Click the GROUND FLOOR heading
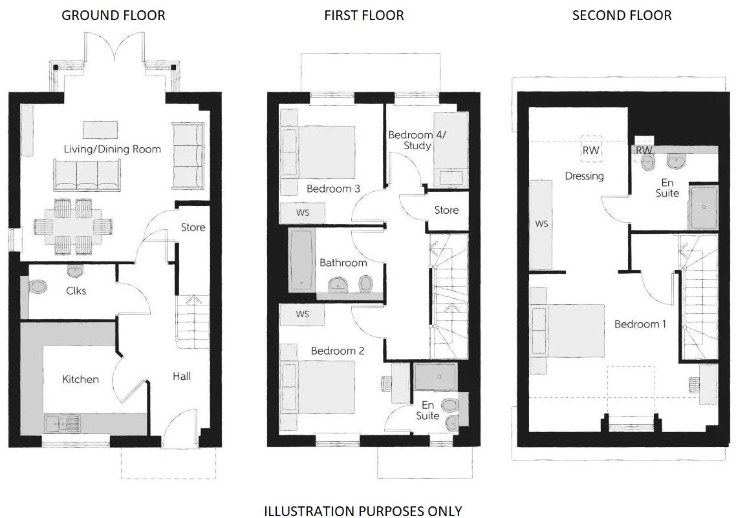[x=113, y=15]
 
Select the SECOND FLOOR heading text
[x=622, y=15]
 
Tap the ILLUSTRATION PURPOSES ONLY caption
[x=363, y=511]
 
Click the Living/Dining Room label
[x=112, y=149]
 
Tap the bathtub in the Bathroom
[x=301, y=258]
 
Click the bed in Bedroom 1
[x=568, y=331]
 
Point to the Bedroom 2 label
[x=338, y=351]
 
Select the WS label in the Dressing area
[x=542, y=223]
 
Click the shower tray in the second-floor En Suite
[x=703, y=207]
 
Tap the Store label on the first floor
[x=446, y=210]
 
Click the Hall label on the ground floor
[x=182, y=376]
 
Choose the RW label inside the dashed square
[x=590, y=150]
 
